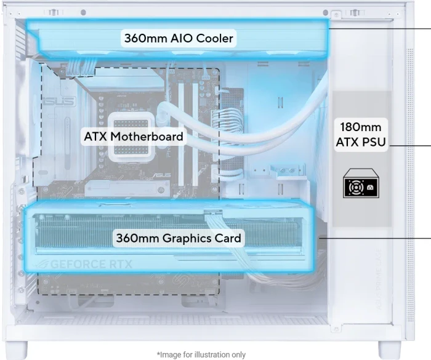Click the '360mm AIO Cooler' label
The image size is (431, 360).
click(179, 38)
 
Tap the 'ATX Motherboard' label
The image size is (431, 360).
click(134, 136)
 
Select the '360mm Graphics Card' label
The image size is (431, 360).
click(179, 238)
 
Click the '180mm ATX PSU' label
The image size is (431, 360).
click(361, 135)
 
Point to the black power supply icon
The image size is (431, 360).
click(361, 183)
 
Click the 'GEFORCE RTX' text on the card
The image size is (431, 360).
click(91, 265)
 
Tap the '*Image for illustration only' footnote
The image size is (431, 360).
click(201, 355)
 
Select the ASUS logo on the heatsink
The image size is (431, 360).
click(59, 102)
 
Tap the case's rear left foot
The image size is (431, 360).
click(20, 350)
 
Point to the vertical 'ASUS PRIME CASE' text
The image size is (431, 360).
click(379, 279)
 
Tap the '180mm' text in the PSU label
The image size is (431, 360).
click(361, 127)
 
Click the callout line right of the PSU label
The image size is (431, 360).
click(410, 145)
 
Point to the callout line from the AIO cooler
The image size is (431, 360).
click(380, 28)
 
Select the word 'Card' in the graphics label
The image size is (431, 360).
click(228, 238)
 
